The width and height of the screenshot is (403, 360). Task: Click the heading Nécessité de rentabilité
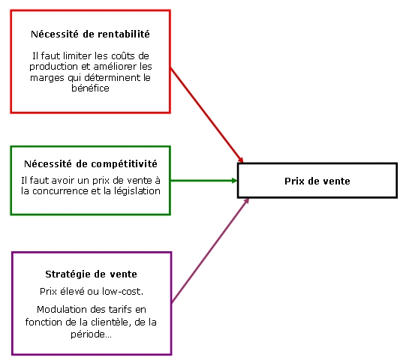click(90, 34)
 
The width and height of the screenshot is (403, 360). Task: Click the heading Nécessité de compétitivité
click(91, 163)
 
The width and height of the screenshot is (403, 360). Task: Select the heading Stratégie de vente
click(91, 274)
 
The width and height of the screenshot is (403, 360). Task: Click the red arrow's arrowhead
click(241, 160)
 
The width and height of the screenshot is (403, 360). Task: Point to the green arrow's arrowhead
click(234, 181)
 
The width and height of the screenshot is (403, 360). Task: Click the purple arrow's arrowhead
click(246, 201)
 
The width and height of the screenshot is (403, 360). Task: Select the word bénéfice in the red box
click(90, 88)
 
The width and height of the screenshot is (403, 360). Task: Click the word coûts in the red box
click(123, 55)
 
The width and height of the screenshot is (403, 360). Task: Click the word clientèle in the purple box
click(109, 322)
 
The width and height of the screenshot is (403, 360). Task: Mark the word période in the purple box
click(91, 334)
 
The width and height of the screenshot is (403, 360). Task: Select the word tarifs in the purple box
click(119, 310)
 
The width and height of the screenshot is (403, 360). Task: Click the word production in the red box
click(53, 67)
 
